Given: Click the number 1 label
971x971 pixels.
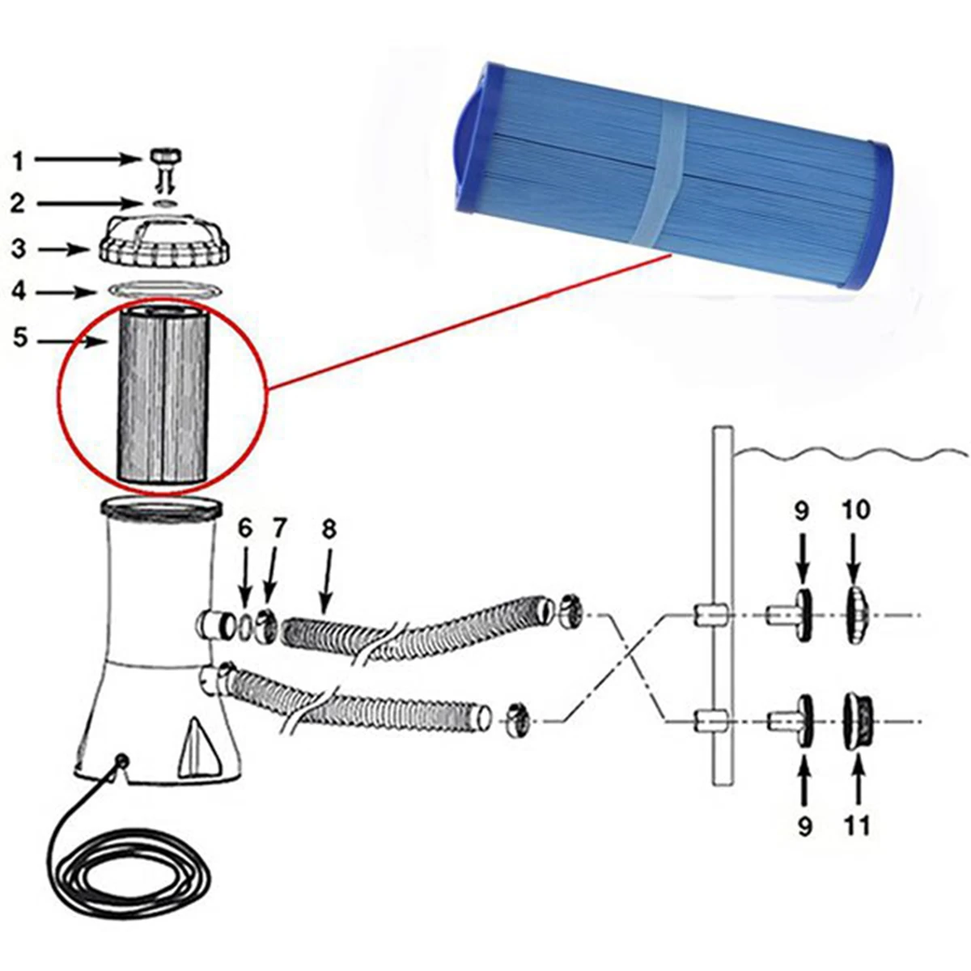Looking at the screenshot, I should (x=18, y=161).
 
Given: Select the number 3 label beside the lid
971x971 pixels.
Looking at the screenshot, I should (x=19, y=248).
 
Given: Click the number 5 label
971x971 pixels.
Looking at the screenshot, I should (x=19, y=338).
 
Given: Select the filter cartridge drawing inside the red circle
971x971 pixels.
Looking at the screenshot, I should (x=162, y=392).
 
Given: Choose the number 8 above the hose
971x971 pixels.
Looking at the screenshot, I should (x=329, y=530).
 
